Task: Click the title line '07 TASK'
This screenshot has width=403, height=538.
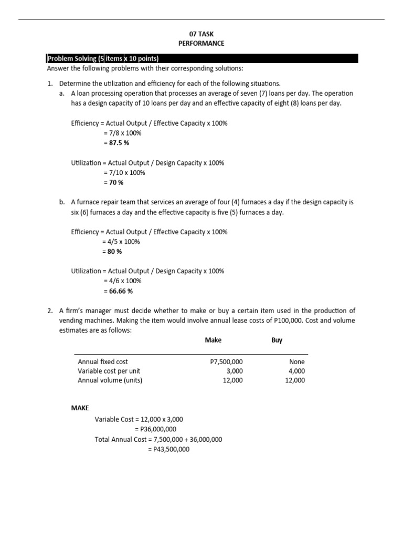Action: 201,34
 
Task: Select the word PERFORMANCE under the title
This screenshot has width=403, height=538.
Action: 201,44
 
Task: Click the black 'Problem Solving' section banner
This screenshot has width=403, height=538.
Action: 202,58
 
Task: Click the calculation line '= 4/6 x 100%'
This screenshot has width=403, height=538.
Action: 122,281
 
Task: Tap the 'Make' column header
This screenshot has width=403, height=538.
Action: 213,340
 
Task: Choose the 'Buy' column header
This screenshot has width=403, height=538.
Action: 277,340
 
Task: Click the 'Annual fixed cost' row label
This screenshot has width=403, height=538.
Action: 103,361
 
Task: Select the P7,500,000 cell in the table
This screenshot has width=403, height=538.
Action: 226,361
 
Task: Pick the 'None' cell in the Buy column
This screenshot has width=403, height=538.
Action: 296,361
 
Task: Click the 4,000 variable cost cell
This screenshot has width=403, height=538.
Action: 296,371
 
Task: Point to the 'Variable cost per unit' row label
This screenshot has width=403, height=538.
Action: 110,371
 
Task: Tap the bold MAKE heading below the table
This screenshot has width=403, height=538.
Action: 80,408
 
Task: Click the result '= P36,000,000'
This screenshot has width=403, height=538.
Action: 155,429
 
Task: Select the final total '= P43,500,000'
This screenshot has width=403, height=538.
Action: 168,449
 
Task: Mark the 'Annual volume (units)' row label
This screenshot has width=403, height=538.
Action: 110,380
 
